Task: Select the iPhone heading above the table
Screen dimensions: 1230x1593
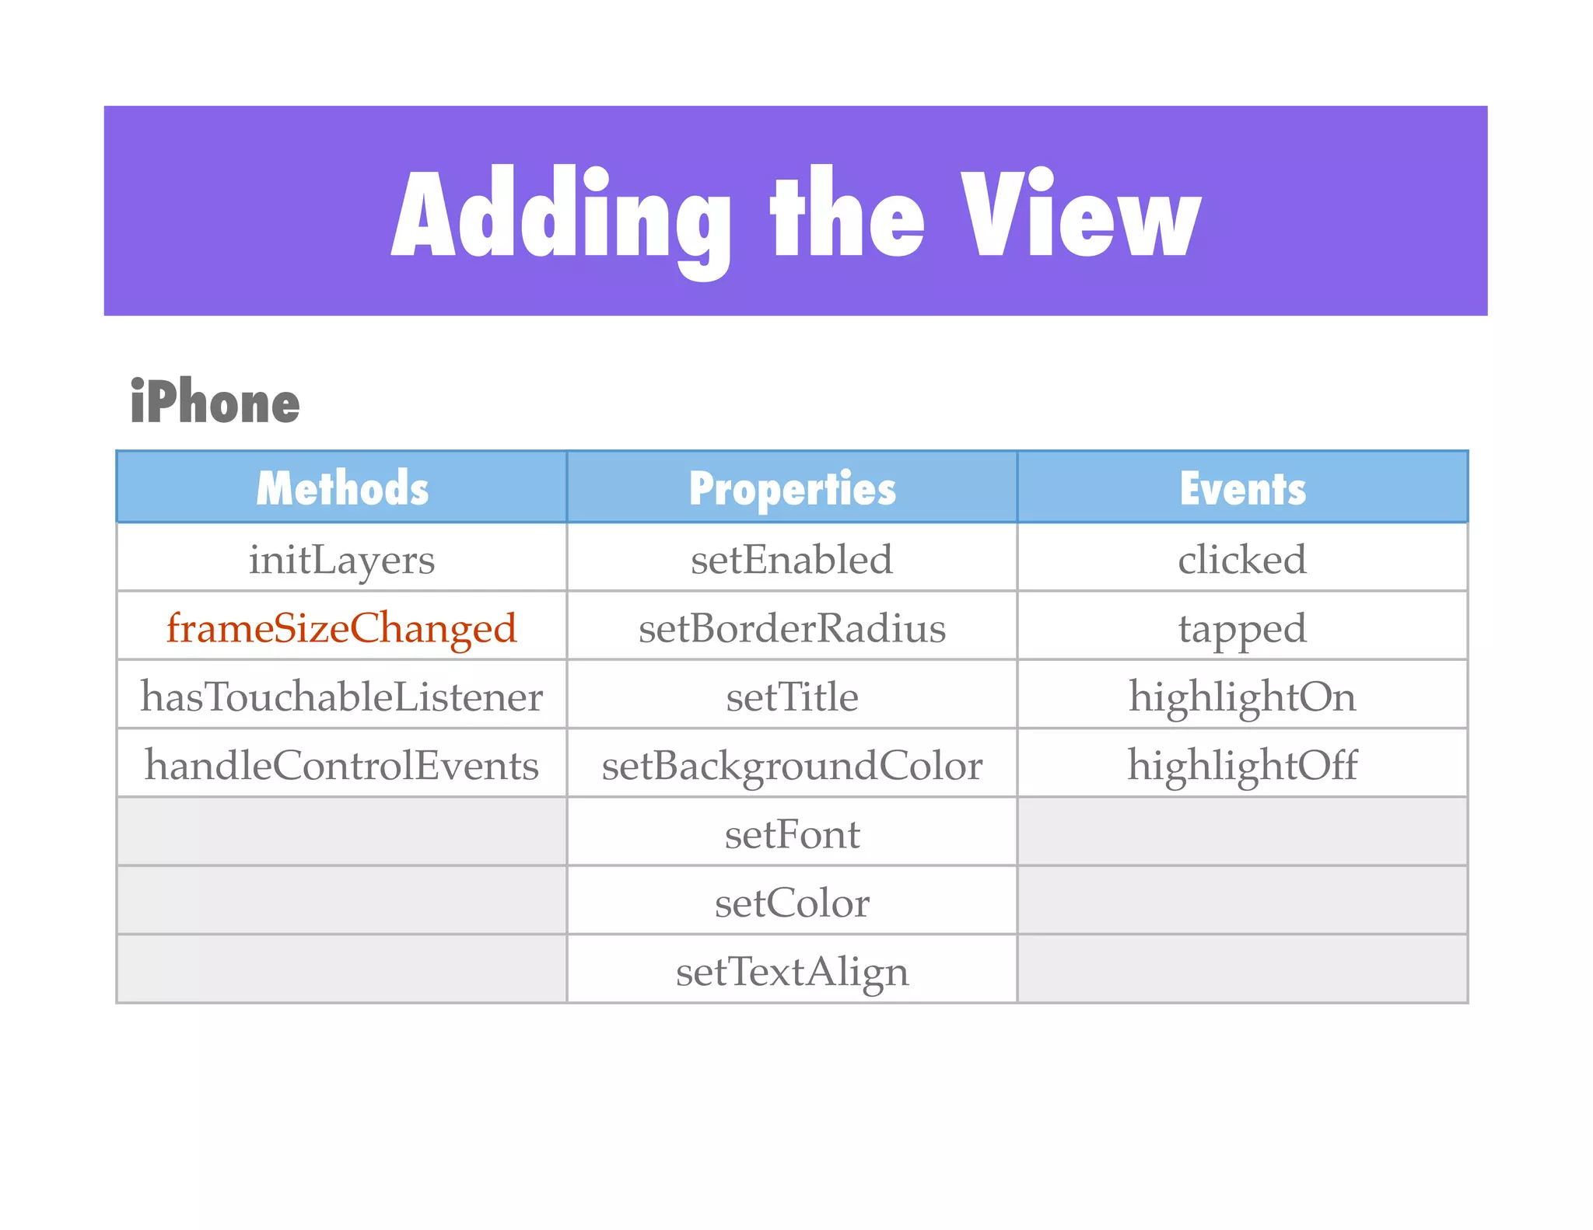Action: click(x=215, y=403)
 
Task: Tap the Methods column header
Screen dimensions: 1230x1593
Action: click(x=342, y=488)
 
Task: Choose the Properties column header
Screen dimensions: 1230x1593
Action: click(x=792, y=488)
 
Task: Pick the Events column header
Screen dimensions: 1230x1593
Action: click(x=1242, y=488)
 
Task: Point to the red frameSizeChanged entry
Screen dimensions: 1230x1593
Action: click(x=342, y=628)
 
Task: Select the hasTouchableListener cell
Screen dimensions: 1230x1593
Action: click(x=342, y=697)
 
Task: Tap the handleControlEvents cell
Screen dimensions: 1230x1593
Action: click(x=342, y=765)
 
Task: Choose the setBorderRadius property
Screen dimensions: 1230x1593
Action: click(x=792, y=628)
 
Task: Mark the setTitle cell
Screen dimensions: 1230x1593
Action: click(x=792, y=697)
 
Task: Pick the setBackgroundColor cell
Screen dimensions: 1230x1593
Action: click(x=792, y=765)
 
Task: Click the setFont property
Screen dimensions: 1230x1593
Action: click(x=792, y=834)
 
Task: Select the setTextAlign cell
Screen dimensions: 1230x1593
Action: click(x=792, y=971)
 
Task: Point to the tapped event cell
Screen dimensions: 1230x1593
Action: click(x=1242, y=628)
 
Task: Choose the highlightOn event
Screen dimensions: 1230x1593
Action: click(x=1242, y=697)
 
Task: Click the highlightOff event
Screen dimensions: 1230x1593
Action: click(x=1242, y=765)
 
